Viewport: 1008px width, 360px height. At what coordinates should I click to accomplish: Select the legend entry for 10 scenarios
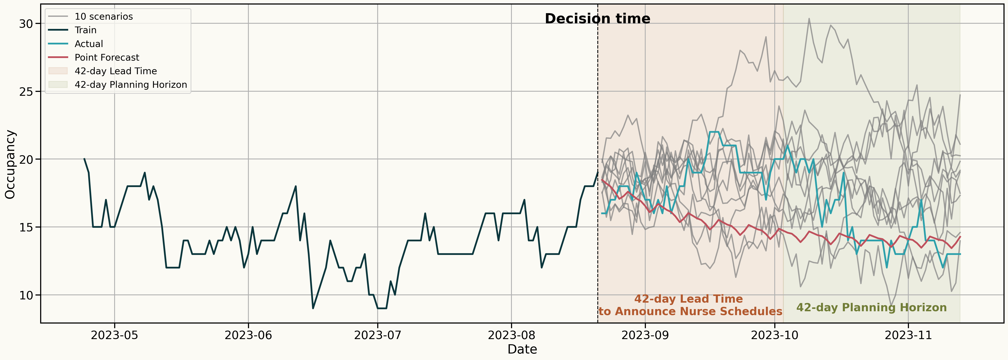[104, 16]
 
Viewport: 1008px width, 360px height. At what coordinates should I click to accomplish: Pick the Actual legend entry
[89, 44]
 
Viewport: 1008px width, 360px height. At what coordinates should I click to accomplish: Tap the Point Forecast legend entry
[107, 58]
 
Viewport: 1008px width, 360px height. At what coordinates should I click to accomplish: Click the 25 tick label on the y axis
[26, 92]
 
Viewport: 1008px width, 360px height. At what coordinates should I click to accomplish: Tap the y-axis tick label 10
[26, 295]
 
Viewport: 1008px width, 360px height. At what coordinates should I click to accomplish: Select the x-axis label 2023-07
[378, 335]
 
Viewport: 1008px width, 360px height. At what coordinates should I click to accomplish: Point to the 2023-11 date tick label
[908, 335]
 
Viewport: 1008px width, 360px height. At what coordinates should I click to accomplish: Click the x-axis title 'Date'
[522, 349]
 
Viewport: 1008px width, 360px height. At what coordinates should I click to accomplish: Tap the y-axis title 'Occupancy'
[10, 164]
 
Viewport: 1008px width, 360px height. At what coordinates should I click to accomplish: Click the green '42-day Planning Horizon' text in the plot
[871, 308]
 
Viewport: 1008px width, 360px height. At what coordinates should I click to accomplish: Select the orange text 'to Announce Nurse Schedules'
[690, 311]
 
